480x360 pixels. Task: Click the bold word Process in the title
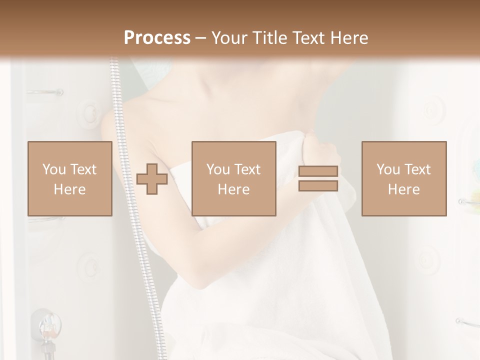tap(157, 38)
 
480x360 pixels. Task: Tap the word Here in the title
tap(349, 38)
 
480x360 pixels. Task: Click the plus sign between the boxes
tap(152, 178)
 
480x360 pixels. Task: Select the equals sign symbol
tap(318, 178)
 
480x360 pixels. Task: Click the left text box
tap(69, 178)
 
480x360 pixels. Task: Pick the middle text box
tap(233, 178)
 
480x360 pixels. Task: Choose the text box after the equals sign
tap(403, 178)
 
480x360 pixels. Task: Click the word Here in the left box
tap(69, 189)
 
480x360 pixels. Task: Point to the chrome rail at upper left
tap(45, 92)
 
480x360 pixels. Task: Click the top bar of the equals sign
tap(318, 171)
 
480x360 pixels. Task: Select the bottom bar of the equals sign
tap(318, 185)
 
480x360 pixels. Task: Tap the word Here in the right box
tap(403, 189)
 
